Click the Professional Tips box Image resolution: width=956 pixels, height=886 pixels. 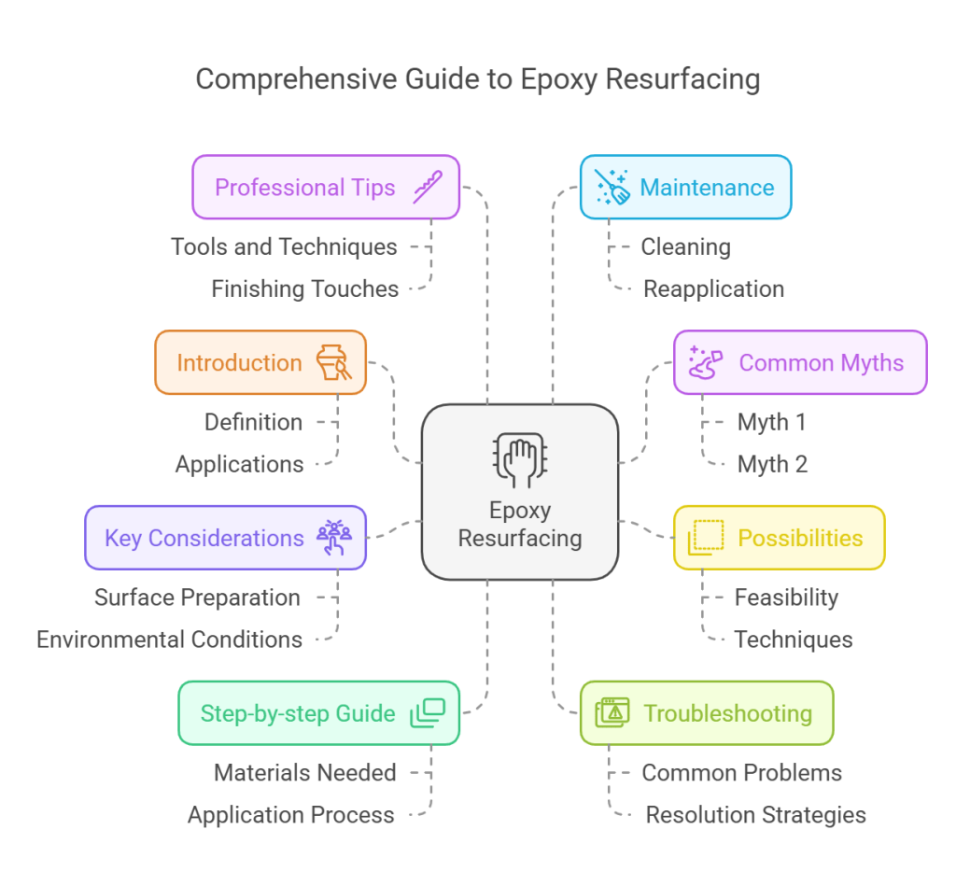click(325, 188)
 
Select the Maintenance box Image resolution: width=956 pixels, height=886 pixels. click(685, 188)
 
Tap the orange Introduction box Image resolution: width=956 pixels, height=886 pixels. click(260, 362)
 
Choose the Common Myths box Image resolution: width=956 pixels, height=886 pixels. click(799, 362)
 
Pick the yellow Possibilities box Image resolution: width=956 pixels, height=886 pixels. click(779, 538)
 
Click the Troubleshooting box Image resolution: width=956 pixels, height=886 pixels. click(706, 713)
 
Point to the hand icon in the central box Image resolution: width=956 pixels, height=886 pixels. click(519, 457)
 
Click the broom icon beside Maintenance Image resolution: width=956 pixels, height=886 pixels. click(612, 187)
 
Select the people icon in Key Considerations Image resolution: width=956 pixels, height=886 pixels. click(333, 538)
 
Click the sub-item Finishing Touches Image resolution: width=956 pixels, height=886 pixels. click(305, 289)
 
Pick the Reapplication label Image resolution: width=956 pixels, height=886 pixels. click(713, 289)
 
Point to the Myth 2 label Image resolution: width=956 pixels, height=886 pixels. click(772, 464)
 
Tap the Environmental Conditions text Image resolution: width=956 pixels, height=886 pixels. click(169, 640)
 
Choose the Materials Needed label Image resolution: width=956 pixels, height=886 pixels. click(305, 773)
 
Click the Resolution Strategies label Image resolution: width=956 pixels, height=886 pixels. click(755, 815)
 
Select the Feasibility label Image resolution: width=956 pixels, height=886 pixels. click(786, 598)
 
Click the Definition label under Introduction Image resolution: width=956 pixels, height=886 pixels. click(253, 422)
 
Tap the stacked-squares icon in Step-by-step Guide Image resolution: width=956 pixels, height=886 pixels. click(428, 713)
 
